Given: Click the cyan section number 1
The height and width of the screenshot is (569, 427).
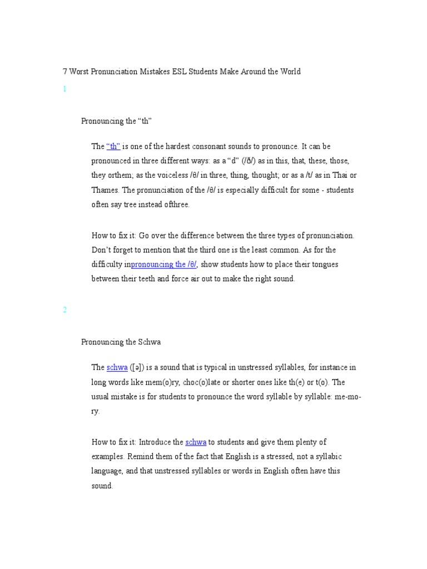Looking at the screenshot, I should click(64, 89).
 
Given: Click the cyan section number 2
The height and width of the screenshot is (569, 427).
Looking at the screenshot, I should click(64, 310).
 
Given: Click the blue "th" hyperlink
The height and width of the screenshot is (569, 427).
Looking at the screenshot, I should click(113, 147).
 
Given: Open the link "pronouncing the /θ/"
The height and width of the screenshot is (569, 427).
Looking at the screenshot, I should click(164, 264).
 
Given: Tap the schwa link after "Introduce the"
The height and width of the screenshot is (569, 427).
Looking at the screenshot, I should click(196, 442).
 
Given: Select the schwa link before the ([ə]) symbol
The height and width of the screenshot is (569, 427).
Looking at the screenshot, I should click(117, 368).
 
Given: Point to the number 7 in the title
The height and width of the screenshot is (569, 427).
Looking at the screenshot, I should click(64, 72).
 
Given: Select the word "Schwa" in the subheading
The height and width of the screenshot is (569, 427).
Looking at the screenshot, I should click(150, 342).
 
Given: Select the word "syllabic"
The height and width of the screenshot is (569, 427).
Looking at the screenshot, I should click(327, 457).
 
